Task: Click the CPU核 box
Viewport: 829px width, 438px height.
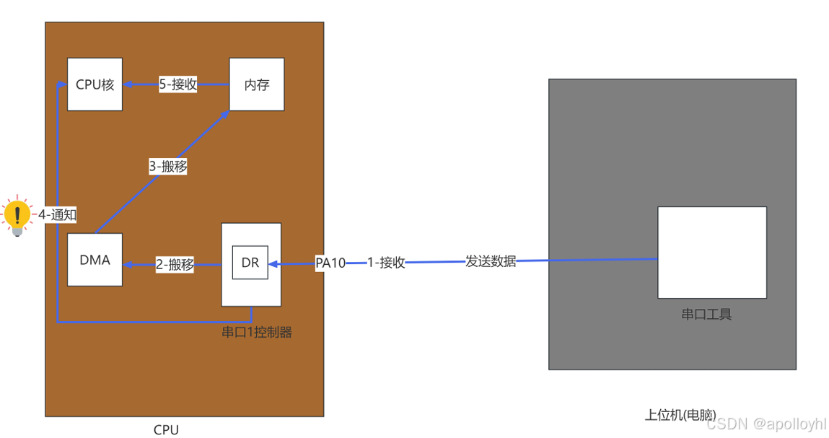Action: (x=95, y=84)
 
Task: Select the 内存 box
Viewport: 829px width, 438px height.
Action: (x=257, y=84)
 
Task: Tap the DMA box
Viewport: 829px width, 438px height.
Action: (x=95, y=260)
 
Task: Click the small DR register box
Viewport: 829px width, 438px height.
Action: (x=250, y=263)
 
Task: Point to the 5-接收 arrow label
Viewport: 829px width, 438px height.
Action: (x=178, y=84)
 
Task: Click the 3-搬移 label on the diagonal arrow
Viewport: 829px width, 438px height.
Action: (x=168, y=167)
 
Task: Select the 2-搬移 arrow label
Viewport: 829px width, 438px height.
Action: (x=175, y=265)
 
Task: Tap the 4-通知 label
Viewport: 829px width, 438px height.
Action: (x=57, y=214)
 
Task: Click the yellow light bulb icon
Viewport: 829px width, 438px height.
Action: (x=17, y=215)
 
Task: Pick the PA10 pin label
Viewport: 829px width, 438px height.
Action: (x=330, y=263)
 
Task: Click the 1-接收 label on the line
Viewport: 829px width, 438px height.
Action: (x=386, y=263)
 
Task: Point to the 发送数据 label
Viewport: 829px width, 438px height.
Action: (x=491, y=261)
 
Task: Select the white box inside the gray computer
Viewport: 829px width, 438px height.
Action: (x=711, y=252)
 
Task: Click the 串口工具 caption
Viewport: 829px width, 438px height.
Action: (x=706, y=315)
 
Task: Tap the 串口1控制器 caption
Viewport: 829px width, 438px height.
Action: (x=257, y=333)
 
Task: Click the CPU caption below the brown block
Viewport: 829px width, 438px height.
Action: (x=166, y=430)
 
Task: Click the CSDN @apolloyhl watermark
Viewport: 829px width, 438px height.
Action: (x=766, y=424)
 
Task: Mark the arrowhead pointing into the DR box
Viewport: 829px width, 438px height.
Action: (x=273, y=263)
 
